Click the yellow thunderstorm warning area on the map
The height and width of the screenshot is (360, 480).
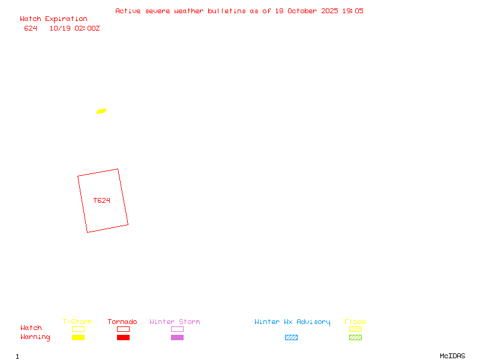[x=101, y=111]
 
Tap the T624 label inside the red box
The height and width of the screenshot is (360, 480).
[x=102, y=200]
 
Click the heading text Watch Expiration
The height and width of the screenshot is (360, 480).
[x=53, y=19]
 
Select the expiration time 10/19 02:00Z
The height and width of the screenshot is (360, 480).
[x=74, y=28]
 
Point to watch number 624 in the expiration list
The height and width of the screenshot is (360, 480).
[x=31, y=28]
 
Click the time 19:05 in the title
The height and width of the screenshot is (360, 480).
[x=352, y=11]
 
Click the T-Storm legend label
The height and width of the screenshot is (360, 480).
[x=77, y=322]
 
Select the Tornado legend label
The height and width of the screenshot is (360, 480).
[x=122, y=322]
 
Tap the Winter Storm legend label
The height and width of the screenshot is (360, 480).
[x=175, y=322]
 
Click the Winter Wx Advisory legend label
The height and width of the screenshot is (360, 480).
[x=292, y=322]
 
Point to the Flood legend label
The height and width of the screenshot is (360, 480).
[x=355, y=322]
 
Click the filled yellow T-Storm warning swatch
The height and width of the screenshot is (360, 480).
[x=78, y=338]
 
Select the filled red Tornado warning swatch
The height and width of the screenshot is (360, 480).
[x=123, y=338]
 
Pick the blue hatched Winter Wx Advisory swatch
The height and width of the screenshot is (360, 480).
[x=291, y=338]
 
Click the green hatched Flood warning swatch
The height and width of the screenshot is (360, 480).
[x=355, y=338]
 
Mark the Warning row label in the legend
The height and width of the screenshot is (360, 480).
[x=35, y=337]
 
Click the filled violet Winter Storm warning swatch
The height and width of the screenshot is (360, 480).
[x=177, y=338]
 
